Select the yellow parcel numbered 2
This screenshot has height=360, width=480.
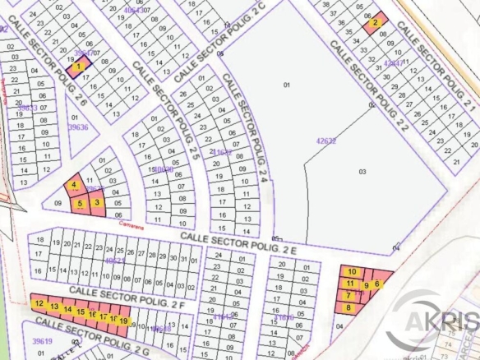point(375,24)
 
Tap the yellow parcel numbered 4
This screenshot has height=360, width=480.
point(75,186)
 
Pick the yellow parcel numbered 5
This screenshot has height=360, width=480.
point(80,203)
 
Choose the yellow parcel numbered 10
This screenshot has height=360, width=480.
point(353,272)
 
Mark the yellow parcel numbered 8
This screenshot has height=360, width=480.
point(348,307)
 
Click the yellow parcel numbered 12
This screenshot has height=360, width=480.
point(39,304)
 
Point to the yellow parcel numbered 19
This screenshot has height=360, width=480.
point(123,319)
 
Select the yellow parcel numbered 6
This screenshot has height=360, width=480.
point(377,284)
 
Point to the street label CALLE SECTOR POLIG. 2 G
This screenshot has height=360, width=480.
point(90,336)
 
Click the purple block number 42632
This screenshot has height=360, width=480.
point(326,141)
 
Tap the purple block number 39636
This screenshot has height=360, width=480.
point(78,127)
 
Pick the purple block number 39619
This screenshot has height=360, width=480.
point(42,339)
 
